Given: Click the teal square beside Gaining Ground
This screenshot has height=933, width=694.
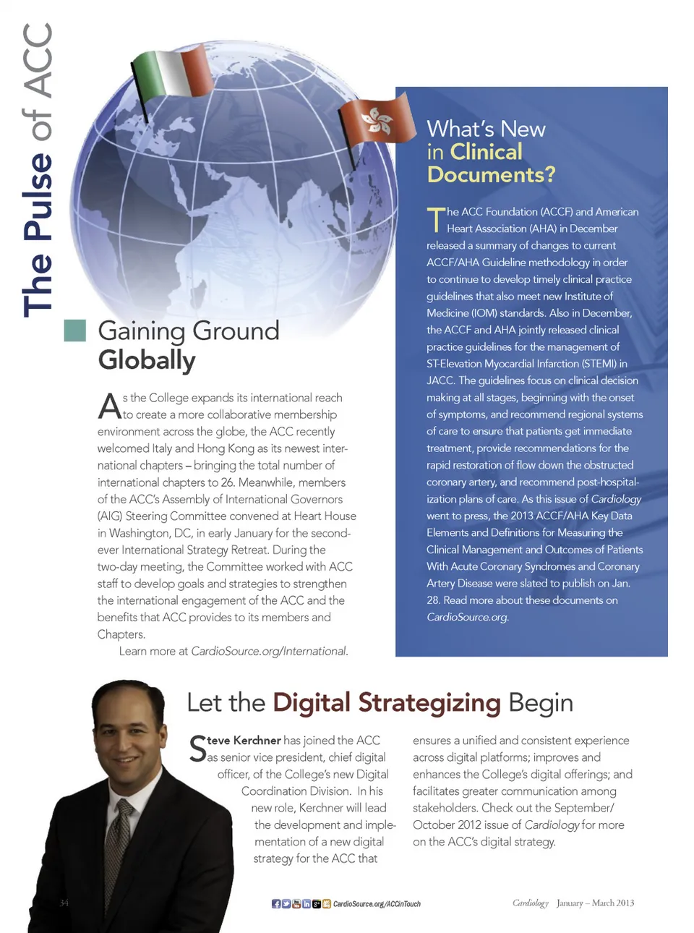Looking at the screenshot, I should pos(75,330).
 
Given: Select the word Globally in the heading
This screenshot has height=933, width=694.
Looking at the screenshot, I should pos(147,360).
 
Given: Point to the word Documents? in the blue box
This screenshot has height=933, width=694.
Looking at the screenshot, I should pos(491,175).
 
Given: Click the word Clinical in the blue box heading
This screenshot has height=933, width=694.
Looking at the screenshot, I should pos(485,152).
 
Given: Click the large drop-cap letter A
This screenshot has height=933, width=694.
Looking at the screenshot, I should pos(109,406).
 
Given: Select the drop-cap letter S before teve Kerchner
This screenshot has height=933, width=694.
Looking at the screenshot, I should pos(197,749).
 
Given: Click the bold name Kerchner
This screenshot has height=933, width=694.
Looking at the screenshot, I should pos(257,741).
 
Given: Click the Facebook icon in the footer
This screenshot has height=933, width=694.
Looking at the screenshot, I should pos(276,903).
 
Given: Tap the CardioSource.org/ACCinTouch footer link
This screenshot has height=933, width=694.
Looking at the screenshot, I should pos(377,904).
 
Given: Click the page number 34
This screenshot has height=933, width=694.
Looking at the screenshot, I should pos(64,903).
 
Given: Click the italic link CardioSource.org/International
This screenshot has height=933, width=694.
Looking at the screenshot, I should pos(269,651).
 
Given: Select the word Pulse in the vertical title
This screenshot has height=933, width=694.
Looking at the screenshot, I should pos(38,196).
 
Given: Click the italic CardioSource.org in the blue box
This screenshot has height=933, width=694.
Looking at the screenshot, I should pos(467,617).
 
